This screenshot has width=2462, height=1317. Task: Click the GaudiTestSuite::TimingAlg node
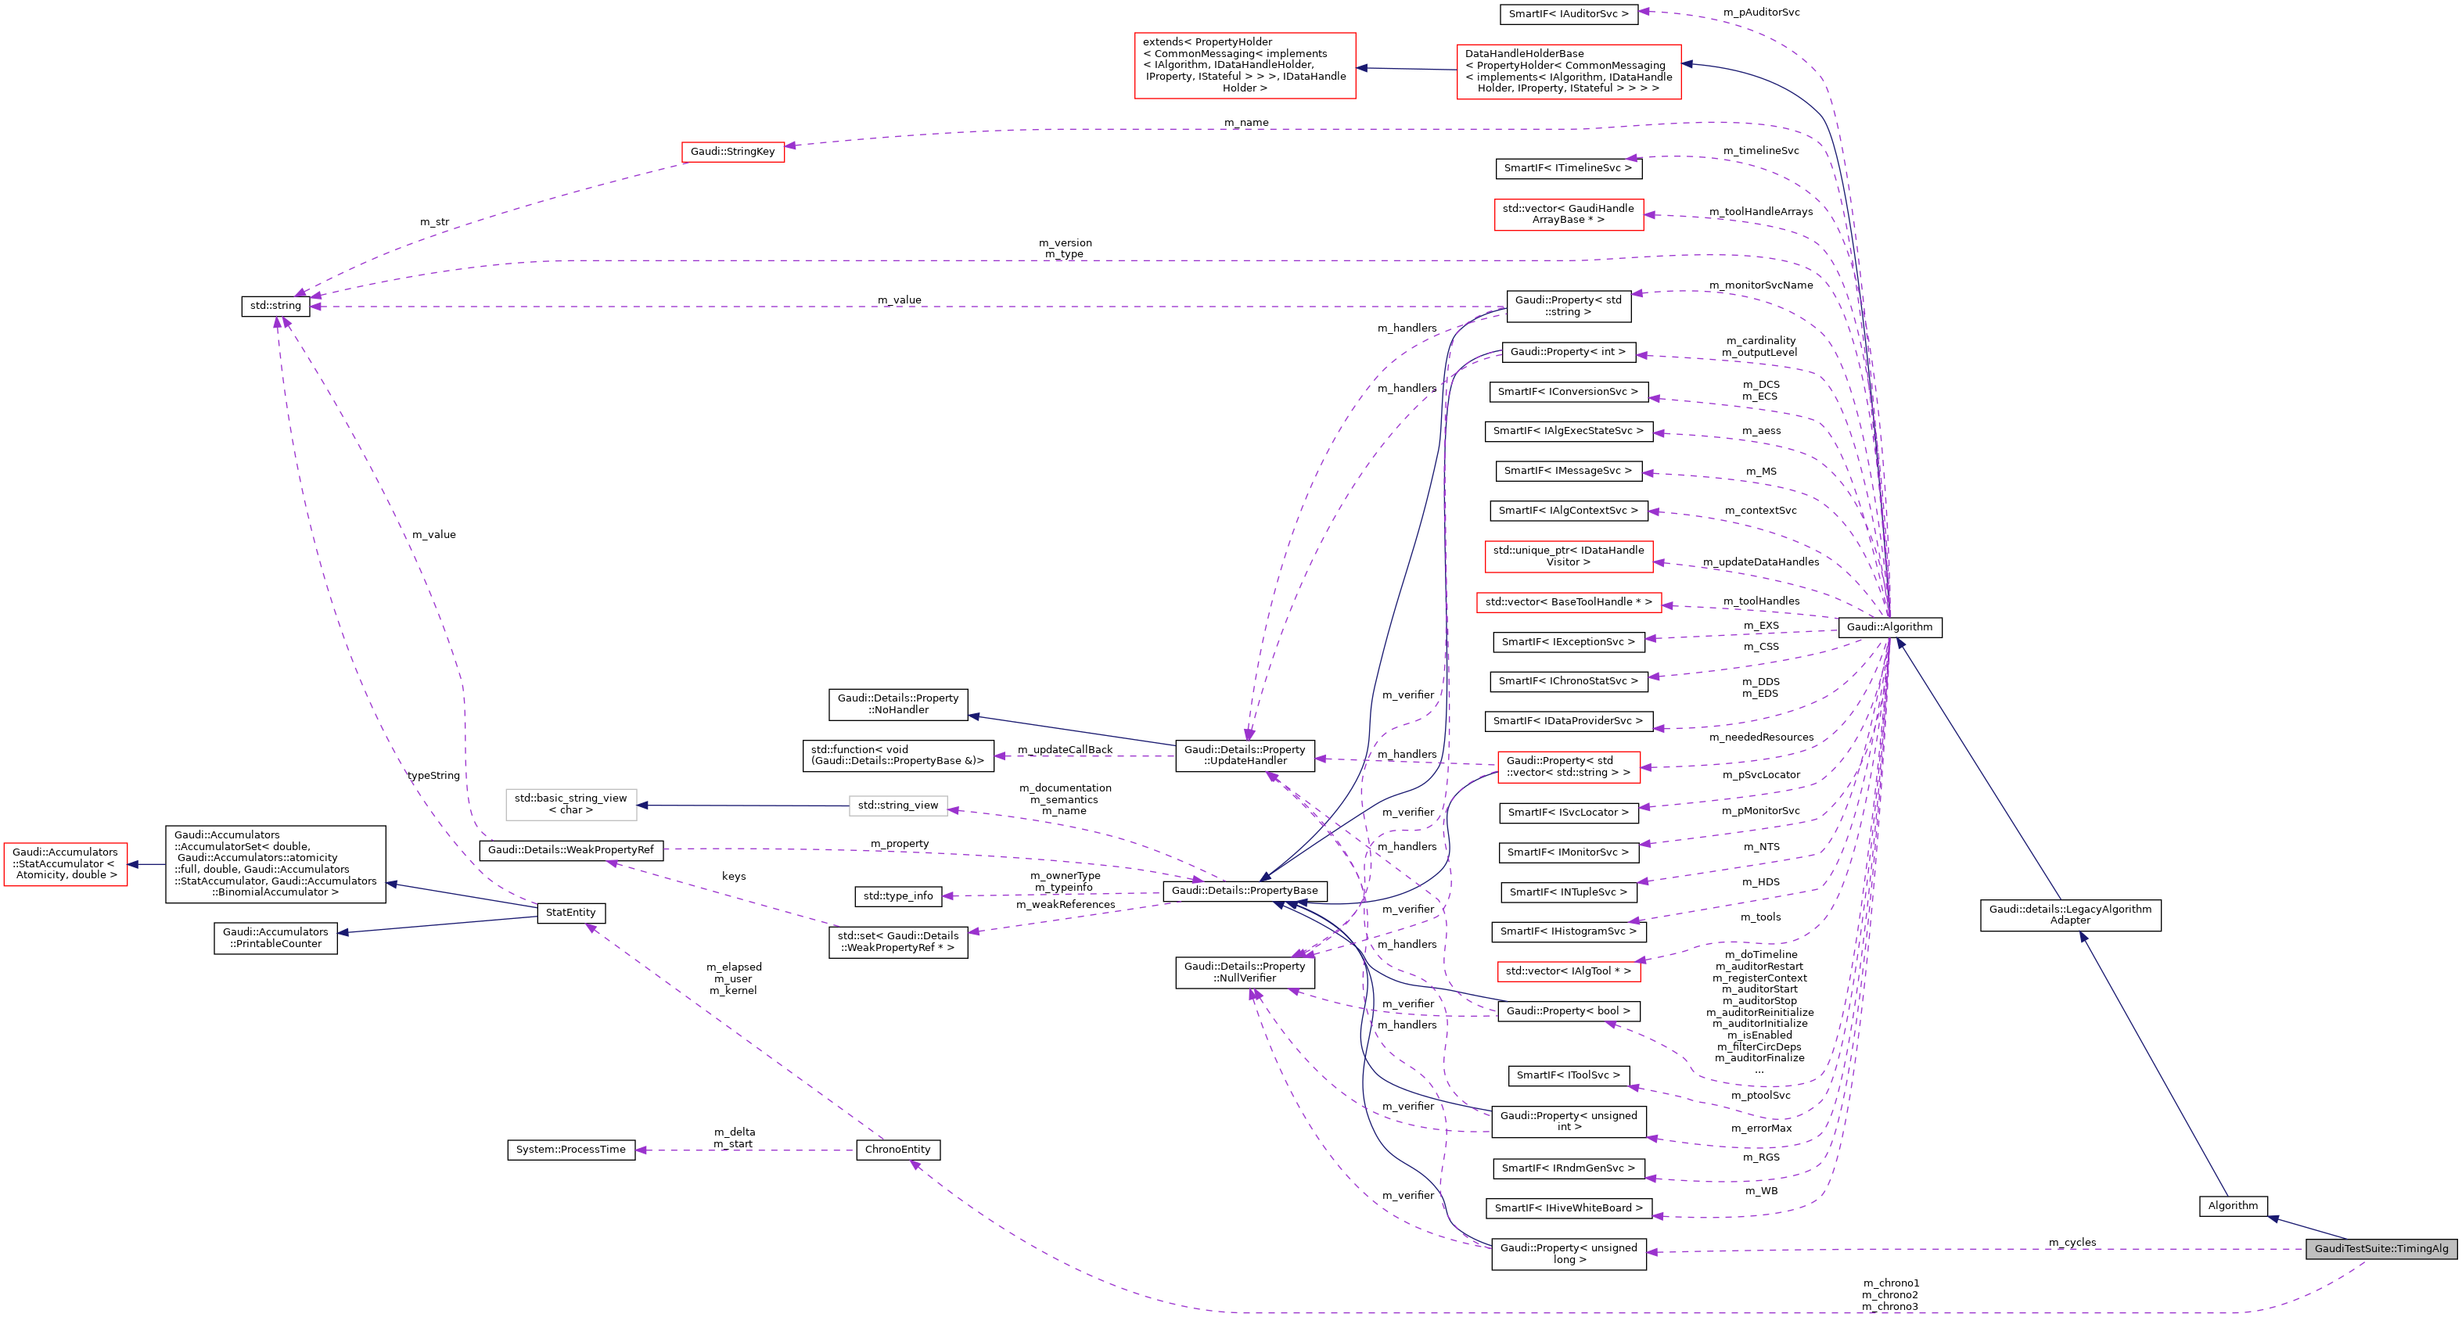pos(2381,1248)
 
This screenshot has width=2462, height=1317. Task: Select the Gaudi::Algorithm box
pos(1889,627)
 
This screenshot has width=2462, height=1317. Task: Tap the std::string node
pos(275,306)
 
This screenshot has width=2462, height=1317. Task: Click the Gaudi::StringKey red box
pos(732,151)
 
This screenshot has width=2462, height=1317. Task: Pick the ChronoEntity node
pos(897,1150)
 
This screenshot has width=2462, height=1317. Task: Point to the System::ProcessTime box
pos(570,1150)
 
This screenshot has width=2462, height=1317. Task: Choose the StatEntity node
pos(570,913)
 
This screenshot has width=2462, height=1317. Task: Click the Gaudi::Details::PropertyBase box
pos(1245,891)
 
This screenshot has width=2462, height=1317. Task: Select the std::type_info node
pos(897,895)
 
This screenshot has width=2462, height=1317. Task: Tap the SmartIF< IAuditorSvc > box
pos(1569,14)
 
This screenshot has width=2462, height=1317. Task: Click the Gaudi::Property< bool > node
pos(1569,1011)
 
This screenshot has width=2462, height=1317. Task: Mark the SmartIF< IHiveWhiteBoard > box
pos(1569,1208)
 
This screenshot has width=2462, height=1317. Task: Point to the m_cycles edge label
pos(2072,1243)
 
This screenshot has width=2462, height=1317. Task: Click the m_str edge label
pos(434,222)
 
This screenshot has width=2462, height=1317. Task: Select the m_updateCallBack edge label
pos(1065,749)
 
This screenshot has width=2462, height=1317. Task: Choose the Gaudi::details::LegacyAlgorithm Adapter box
pos(2070,915)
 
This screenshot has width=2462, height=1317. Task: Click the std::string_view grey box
pos(897,806)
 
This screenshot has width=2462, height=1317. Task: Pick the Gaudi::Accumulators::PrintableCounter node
pos(275,938)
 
